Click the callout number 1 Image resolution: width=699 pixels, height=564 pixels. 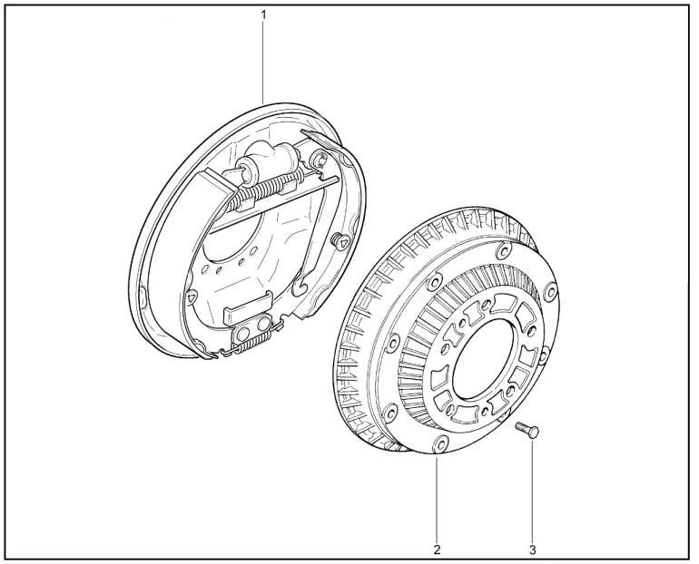[x=263, y=15]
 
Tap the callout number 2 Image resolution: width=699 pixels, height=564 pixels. [x=437, y=549]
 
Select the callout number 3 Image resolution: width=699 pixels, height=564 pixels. [x=532, y=549]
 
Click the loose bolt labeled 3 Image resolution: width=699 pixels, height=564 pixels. [x=527, y=430]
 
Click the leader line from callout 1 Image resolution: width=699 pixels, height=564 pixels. [x=263, y=63]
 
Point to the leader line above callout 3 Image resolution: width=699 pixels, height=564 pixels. [x=532, y=491]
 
